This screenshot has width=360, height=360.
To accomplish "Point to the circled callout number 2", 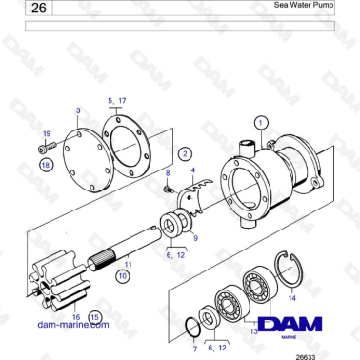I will [185, 152].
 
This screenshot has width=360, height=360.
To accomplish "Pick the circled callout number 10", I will [122, 274].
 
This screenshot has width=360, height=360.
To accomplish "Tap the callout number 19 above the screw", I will [46, 135].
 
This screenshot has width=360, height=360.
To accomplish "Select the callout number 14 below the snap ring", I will [291, 299].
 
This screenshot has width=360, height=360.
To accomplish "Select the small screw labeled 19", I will [44, 149].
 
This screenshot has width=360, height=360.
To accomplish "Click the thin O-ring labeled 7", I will [190, 329].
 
